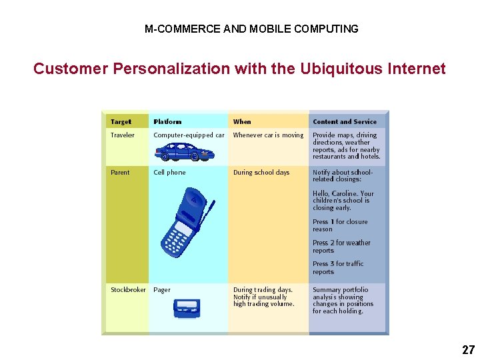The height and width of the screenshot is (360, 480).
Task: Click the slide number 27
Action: pos(468,349)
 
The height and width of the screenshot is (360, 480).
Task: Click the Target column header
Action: pos(121,122)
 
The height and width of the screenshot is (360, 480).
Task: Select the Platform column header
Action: pos(167,122)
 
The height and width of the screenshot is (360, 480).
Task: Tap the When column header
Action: pos(242,122)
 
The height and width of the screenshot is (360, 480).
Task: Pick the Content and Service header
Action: pos(345,122)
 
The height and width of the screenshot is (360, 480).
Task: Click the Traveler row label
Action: pos(123,135)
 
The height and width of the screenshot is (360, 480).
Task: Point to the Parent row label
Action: pos(120,173)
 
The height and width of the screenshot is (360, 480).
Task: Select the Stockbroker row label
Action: pos(128,290)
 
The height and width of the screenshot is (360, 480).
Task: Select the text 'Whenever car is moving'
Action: pos(268,135)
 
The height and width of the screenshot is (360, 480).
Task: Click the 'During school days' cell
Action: pos(261,173)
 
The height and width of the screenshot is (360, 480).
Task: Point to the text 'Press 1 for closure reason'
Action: pos(340,225)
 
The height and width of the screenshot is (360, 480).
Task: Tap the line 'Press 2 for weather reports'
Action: pos(341,247)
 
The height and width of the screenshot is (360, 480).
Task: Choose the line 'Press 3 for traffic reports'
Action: pos(338,267)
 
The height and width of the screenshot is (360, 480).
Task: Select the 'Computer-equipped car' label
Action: pos(189,135)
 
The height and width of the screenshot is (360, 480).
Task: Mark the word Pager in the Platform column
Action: pos(162,290)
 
